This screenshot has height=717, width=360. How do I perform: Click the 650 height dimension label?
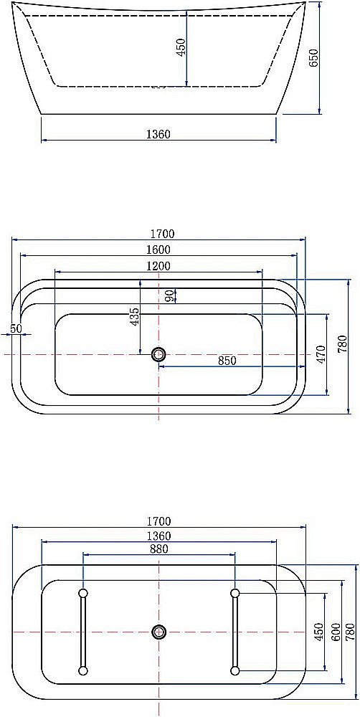tap(313, 58)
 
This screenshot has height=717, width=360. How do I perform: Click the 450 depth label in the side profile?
tap(181, 47)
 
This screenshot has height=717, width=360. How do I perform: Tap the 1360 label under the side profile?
tap(158, 134)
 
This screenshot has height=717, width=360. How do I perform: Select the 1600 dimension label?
tap(158, 250)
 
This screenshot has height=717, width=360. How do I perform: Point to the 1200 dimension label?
tap(158, 266)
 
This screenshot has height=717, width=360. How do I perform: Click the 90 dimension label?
tap(170, 296)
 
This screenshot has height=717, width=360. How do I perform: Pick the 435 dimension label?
tap(135, 317)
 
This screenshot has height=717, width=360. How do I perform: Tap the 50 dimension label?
tap(16, 328)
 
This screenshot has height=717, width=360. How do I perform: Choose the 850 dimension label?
tap(227, 361)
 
